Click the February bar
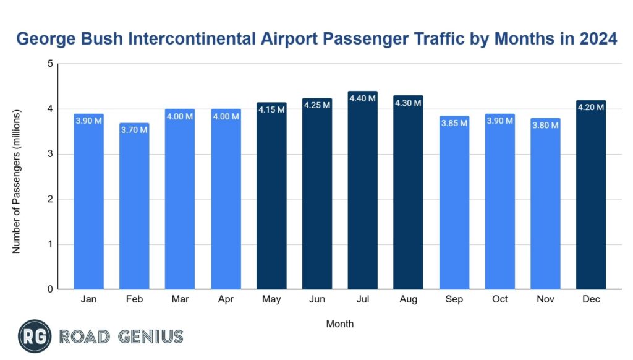click(134, 210)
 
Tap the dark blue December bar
click(591, 198)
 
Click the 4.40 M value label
click(362, 98)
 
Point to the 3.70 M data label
click(134, 130)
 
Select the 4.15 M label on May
click(271, 109)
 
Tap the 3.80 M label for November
click(545, 125)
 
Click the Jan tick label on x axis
click(88, 299)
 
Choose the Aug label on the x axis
click(408, 299)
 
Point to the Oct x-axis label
click(499, 299)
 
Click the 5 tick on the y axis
click(50, 64)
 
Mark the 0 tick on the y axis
click(50, 289)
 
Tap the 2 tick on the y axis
click(50, 199)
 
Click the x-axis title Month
click(339, 324)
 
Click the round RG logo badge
click(35, 336)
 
